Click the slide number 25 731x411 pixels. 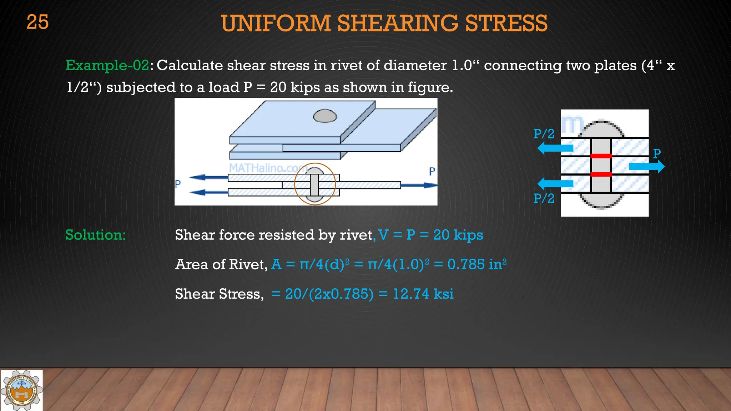click(x=37, y=22)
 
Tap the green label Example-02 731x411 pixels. click(x=107, y=66)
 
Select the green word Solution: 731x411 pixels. click(x=96, y=235)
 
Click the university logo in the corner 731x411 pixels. click(x=21, y=390)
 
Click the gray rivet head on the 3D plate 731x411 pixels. click(x=325, y=116)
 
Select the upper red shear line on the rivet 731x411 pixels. click(x=601, y=156)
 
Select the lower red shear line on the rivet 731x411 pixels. click(x=601, y=174)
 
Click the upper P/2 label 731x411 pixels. click(x=544, y=134)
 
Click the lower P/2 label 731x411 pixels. click(x=544, y=198)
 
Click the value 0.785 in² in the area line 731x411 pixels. click(x=477, y=264)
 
